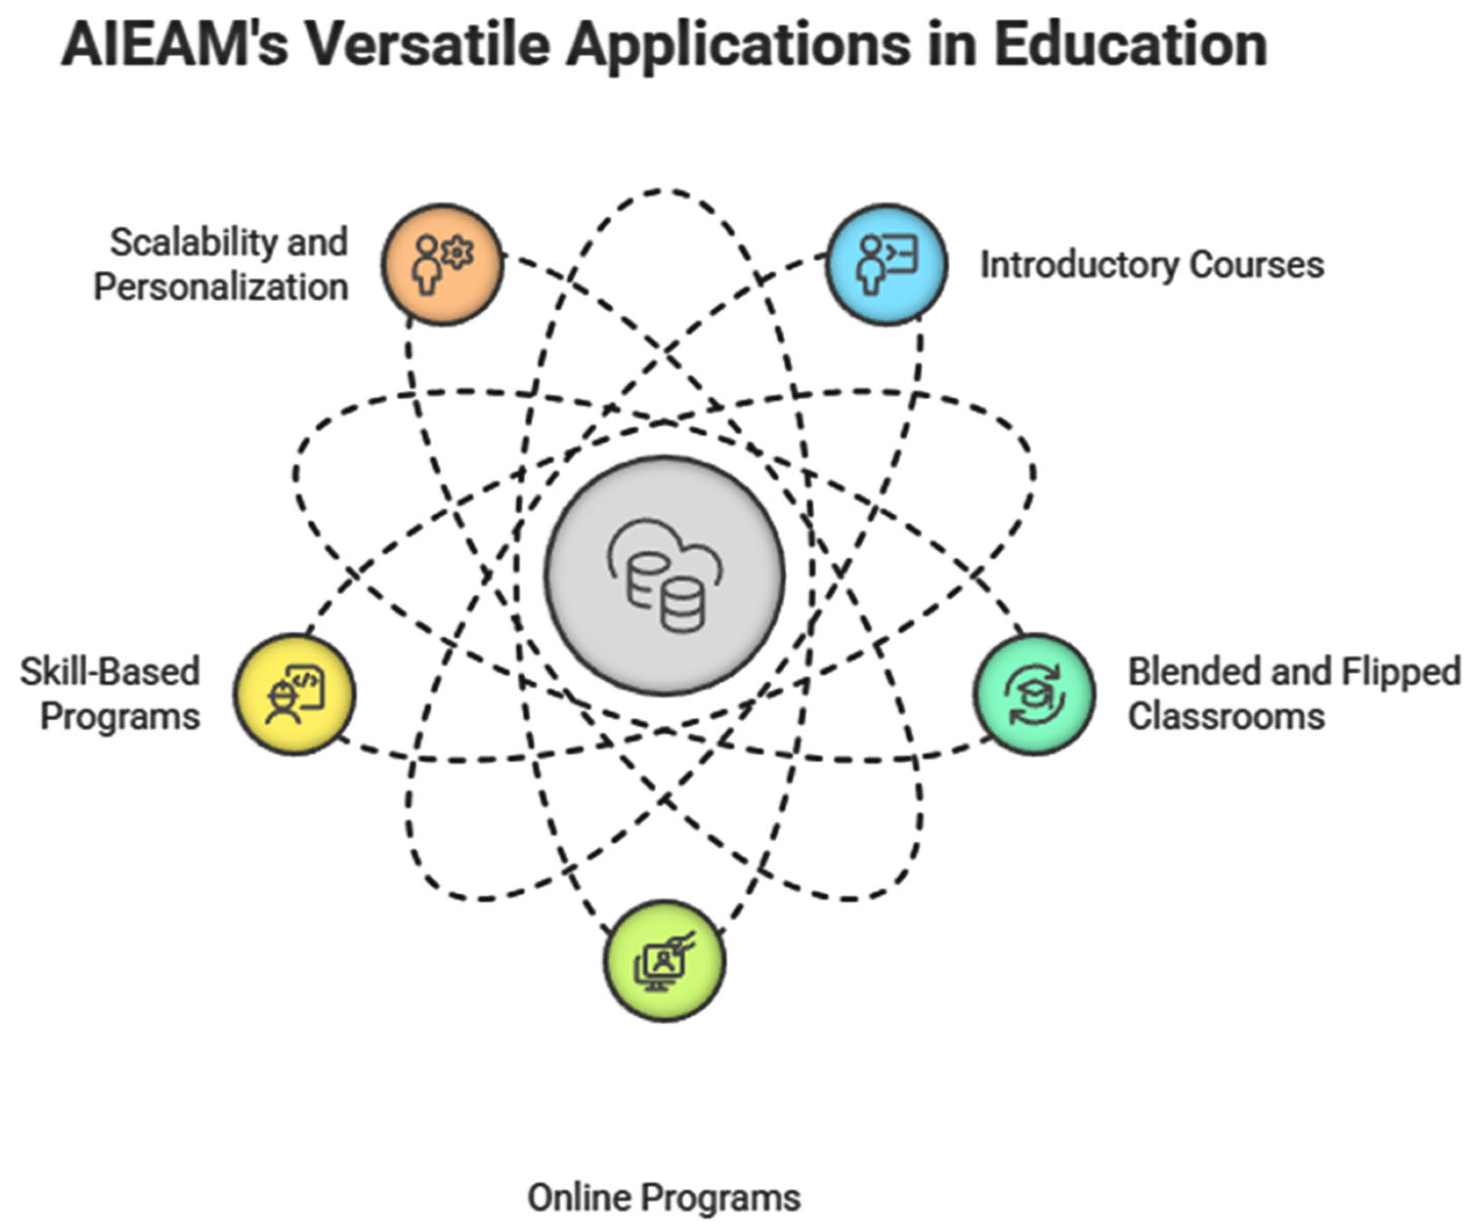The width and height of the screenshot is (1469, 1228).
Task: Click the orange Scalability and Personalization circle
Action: click(442, 264)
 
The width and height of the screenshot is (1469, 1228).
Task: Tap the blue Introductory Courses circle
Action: click(886, 264)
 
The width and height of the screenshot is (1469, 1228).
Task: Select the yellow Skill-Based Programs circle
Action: click(294, 694)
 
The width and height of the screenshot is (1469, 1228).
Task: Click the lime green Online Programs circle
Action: click(664, 961)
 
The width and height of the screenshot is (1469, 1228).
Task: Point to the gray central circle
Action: click(664, 575)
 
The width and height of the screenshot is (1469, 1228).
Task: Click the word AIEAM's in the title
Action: click(175, 46)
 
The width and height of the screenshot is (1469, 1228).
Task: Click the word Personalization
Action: click(221, 287)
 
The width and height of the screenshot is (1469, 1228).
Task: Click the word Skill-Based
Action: click(110, 671)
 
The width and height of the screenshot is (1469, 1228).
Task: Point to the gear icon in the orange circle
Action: click(458, 252)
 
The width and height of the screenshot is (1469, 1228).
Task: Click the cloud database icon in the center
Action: click(664, 575)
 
